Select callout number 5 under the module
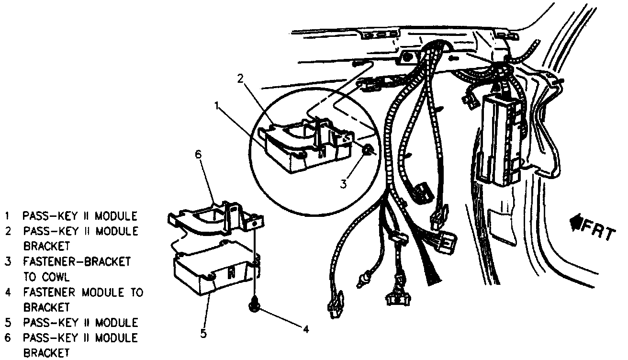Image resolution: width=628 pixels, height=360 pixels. (x=203, y=333)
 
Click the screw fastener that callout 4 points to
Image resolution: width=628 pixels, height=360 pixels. (x=254, y=304)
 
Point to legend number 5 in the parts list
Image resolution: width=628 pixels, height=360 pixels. (x=8, y=322)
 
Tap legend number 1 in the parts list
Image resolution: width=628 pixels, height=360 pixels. (x=8, y=215)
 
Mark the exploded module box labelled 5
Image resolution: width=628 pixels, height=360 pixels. (x=211, y=273)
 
